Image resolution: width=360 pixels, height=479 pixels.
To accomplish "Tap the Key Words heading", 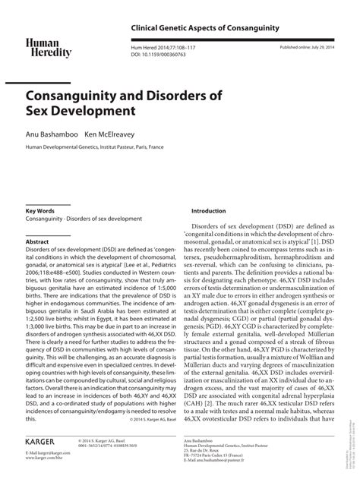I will (40, 210).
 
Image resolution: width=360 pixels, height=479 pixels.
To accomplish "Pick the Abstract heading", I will (38, 241).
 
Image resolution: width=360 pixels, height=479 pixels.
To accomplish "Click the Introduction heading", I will (209, 210).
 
